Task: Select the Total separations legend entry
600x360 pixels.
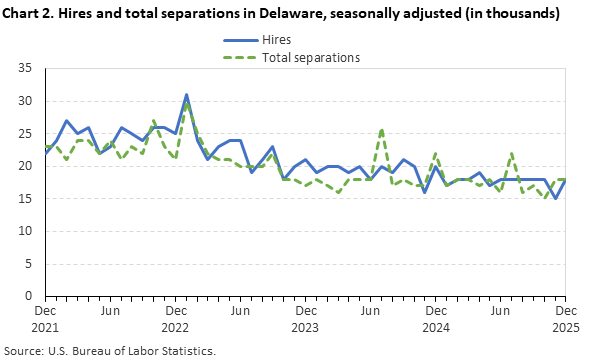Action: point(310,57)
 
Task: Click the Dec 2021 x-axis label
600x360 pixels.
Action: point(45,319)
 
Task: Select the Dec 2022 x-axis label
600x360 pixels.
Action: point(175,319)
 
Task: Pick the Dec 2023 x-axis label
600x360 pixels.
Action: point(305,319)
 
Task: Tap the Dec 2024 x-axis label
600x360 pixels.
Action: point(435,319)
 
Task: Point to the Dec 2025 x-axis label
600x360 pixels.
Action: point(565,319)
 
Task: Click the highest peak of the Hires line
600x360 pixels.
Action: point(186,95)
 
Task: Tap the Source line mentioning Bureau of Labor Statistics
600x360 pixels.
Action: point(110,350)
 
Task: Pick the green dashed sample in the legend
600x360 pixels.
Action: point(239,57)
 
